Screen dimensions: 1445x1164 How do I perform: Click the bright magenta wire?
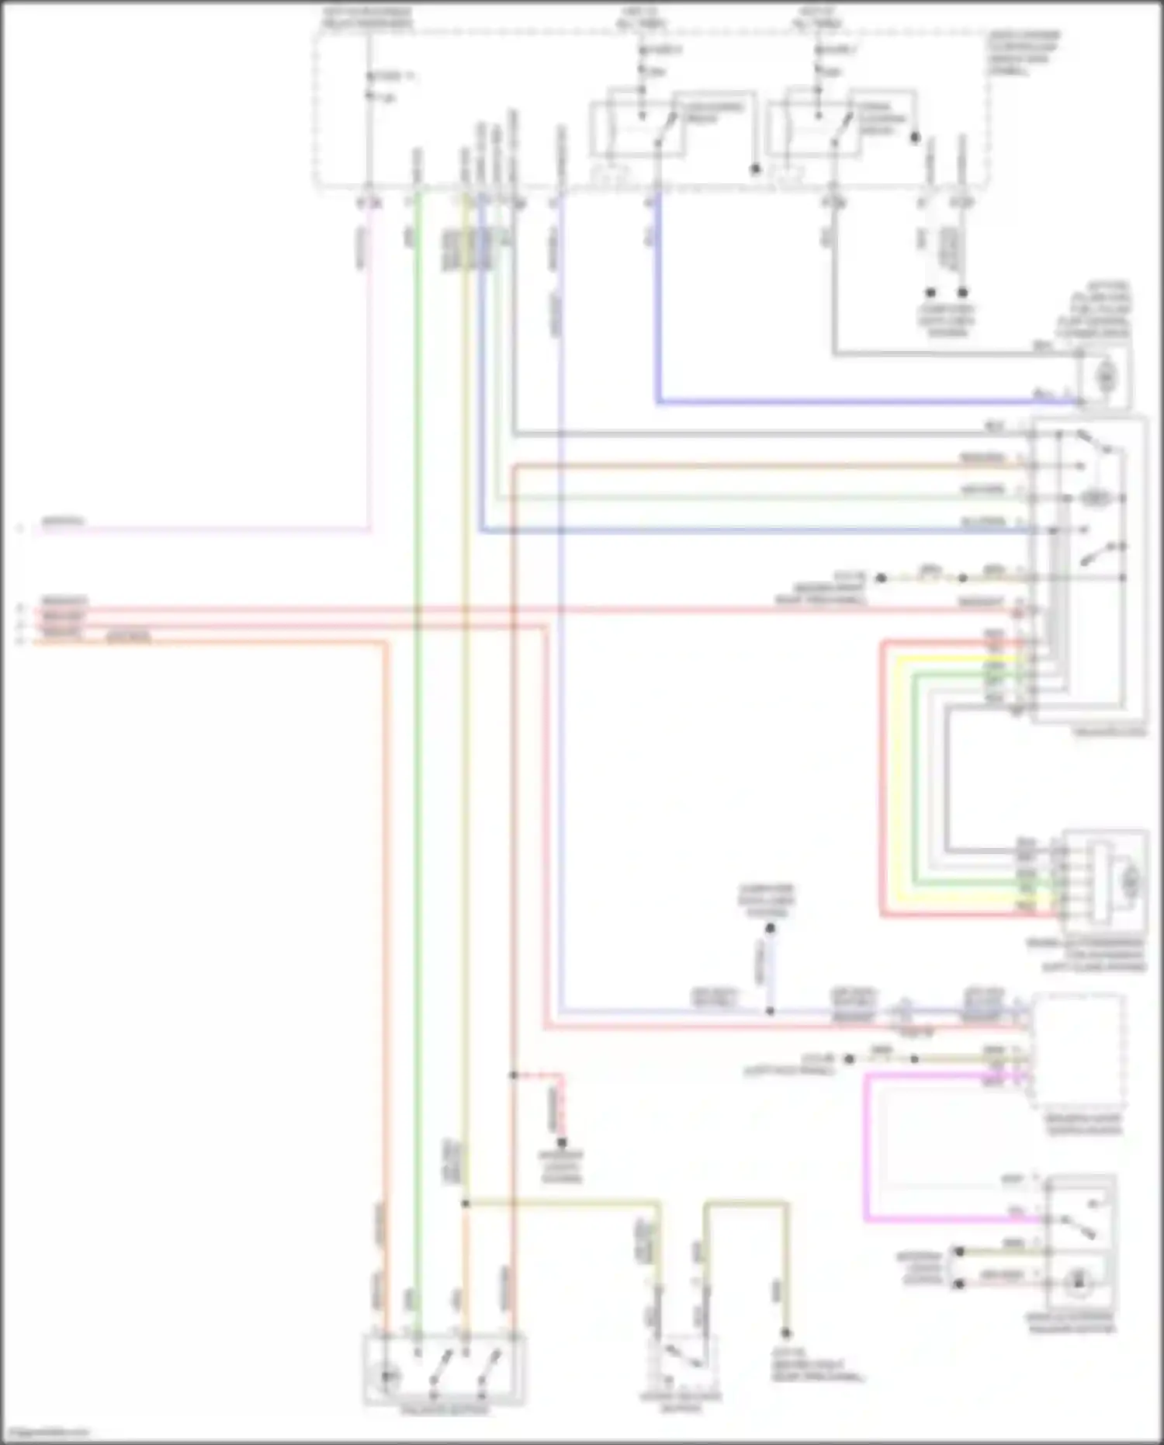[x=866, y=1149]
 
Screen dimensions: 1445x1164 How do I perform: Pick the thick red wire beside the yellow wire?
[x=882, y=776]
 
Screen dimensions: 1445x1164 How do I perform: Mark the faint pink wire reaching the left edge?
[x=194, y=530]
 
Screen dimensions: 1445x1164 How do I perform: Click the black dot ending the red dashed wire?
[x=562, y=1142]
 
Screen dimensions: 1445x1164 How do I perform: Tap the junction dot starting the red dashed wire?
[x=513, y=1075]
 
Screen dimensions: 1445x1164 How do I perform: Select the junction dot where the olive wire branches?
[x=465, y=1204]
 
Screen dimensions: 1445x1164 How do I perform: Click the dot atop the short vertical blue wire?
[x=770, y=928]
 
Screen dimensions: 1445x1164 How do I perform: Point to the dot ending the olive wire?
[x=785, y=1332]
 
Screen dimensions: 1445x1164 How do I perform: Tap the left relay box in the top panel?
[x=636, y=124]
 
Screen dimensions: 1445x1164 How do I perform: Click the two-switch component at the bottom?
[x=444, y=1370]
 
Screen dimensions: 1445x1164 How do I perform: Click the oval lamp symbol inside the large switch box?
[x=1094, y=498]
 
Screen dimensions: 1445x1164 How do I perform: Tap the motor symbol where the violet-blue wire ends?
[x=1105, y=377]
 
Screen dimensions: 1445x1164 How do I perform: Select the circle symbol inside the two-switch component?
[x=387, y=1376]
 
